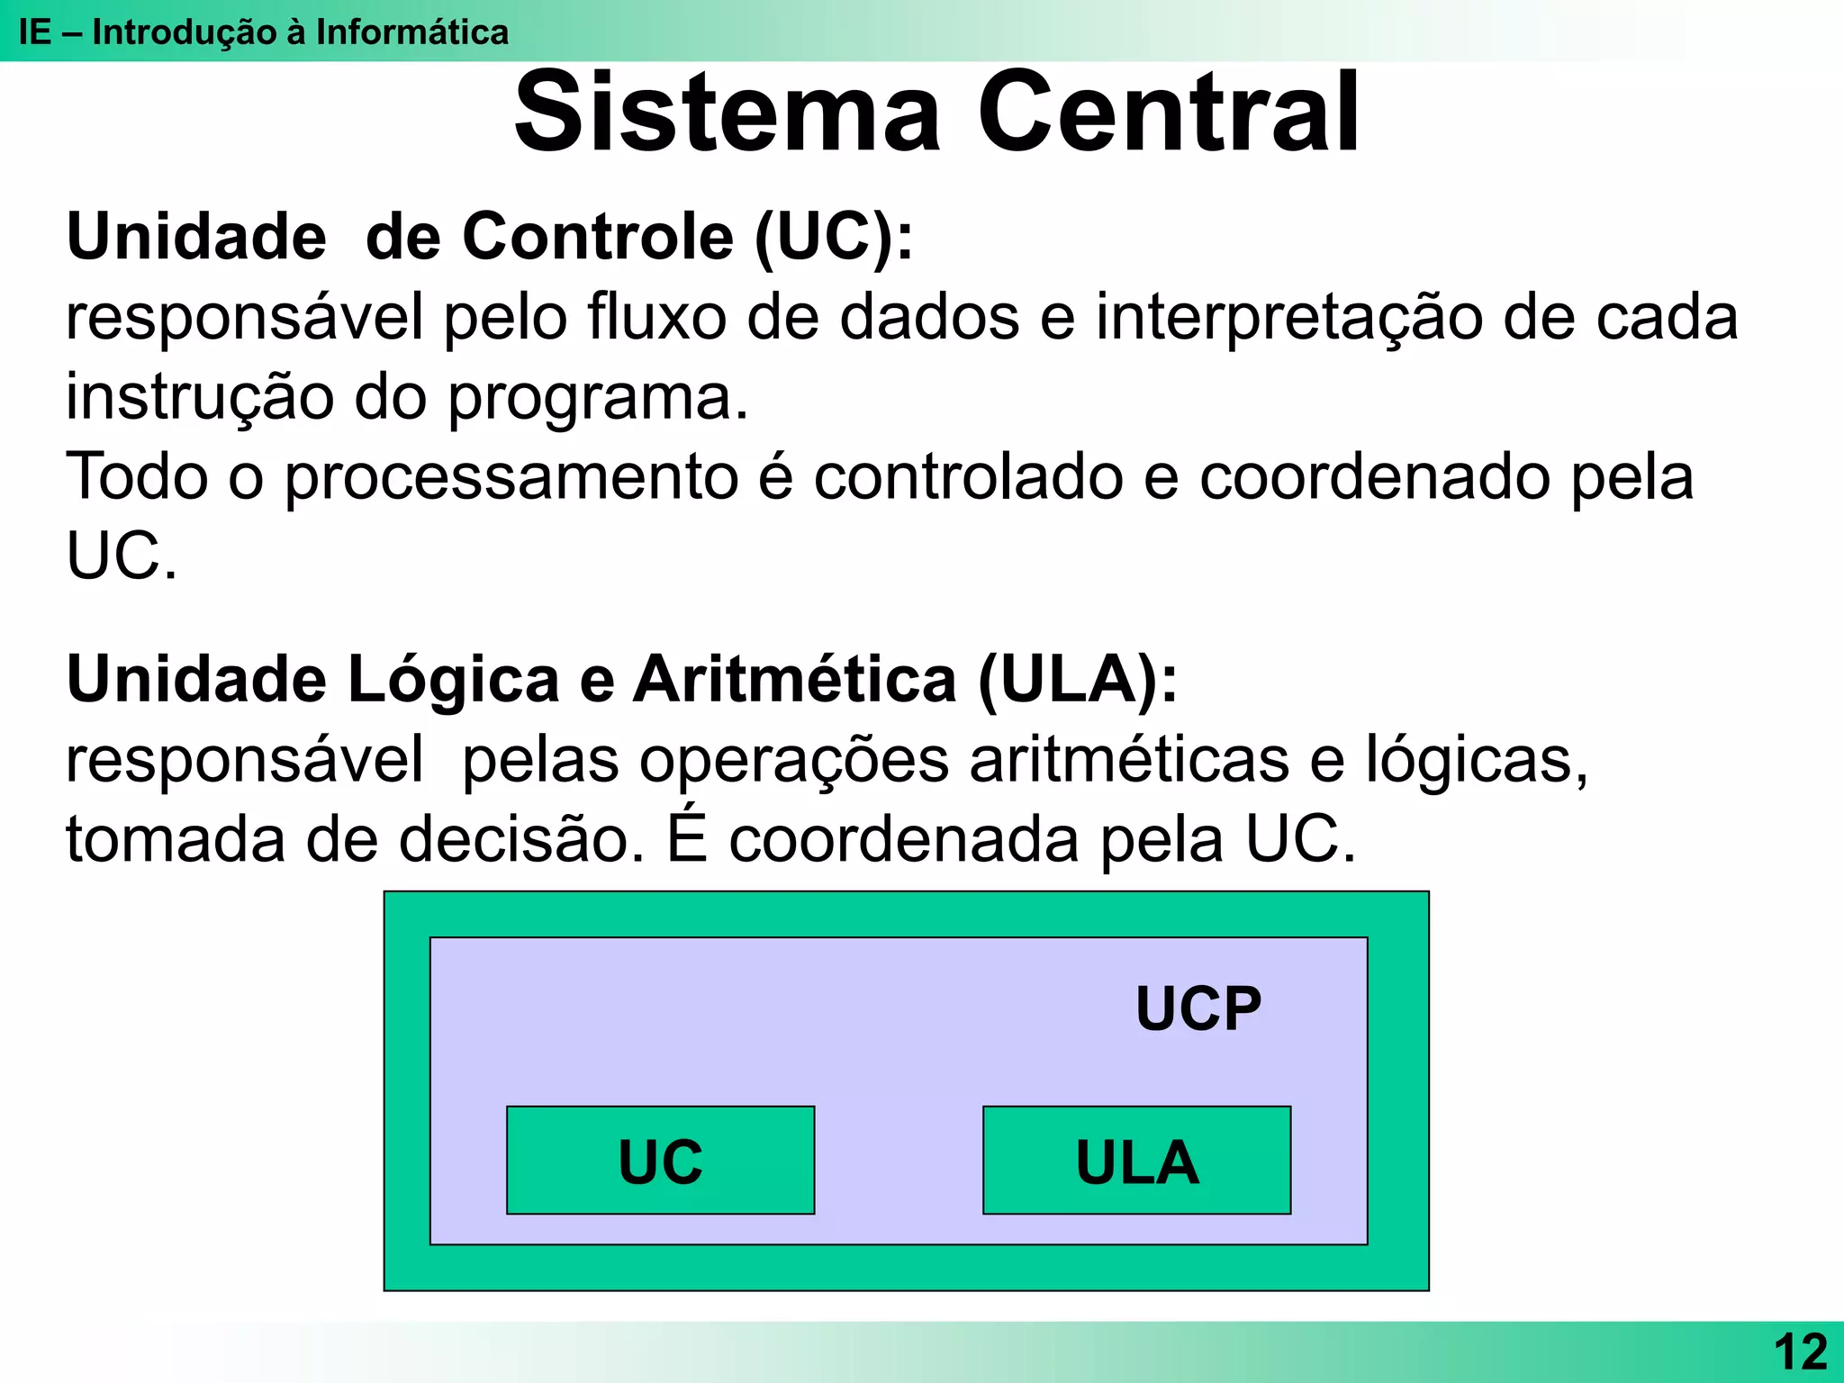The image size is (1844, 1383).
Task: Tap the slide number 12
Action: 1800,1351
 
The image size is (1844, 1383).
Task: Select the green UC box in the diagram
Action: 660,1161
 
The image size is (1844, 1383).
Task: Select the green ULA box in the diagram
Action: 1136,1161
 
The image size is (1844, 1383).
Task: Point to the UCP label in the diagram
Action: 1198,1008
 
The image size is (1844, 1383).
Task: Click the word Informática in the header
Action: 411,32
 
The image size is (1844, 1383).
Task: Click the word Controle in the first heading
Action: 598,237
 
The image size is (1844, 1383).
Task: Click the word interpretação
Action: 1288,319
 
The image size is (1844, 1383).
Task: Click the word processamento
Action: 511,478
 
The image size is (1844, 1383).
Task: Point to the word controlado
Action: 968,476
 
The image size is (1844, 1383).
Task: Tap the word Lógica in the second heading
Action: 453,679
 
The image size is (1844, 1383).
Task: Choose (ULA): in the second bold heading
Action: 1077,679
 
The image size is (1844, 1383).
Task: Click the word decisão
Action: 521,839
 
